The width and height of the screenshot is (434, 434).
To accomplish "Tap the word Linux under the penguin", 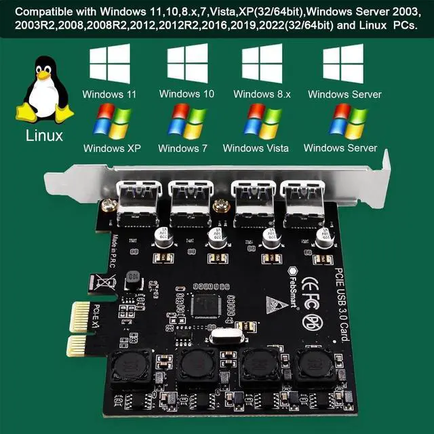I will click(x=44, y=135).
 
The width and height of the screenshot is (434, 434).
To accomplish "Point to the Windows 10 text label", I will click(x=186, y=94).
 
